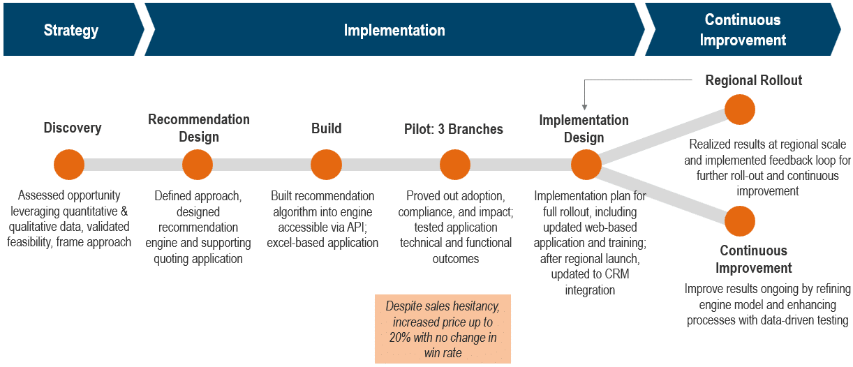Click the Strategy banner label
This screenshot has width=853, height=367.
[71, 31]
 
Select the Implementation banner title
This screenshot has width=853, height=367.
[394, 30]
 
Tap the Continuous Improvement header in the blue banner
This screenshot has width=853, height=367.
[743, 30]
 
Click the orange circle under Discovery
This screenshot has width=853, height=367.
[69, 165]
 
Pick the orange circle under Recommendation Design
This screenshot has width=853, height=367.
[198, 165]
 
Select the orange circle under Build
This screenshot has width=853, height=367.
[326, 165]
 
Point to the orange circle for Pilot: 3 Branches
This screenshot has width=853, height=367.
[455, 165]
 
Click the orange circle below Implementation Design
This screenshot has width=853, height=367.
[586, 165]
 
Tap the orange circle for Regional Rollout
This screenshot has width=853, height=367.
[740, 110]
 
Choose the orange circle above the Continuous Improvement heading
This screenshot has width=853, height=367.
[740, 221]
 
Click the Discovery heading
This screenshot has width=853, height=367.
[73, 128]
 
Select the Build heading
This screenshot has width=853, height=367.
[327, 128]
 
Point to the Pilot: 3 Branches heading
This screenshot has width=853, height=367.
[454, 129]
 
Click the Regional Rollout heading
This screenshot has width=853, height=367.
[754, 80]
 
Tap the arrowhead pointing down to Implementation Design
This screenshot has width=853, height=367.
[584, 107]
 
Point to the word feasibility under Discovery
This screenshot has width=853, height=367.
[29, 242]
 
